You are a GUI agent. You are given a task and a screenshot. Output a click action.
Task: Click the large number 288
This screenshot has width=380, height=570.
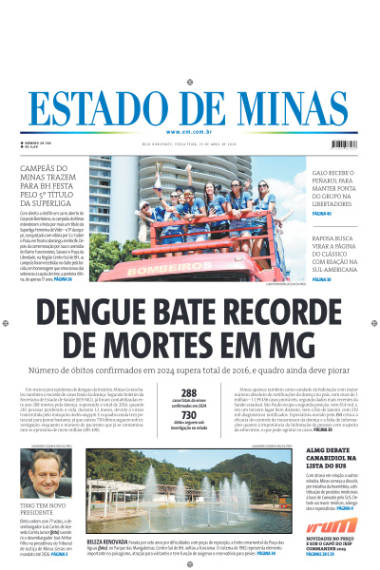tap(189, 392)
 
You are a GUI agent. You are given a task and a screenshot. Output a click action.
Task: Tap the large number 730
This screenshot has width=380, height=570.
tap(189, 415)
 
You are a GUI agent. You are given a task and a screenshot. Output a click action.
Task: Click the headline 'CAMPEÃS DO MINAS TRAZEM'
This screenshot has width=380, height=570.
tap(53, 185)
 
